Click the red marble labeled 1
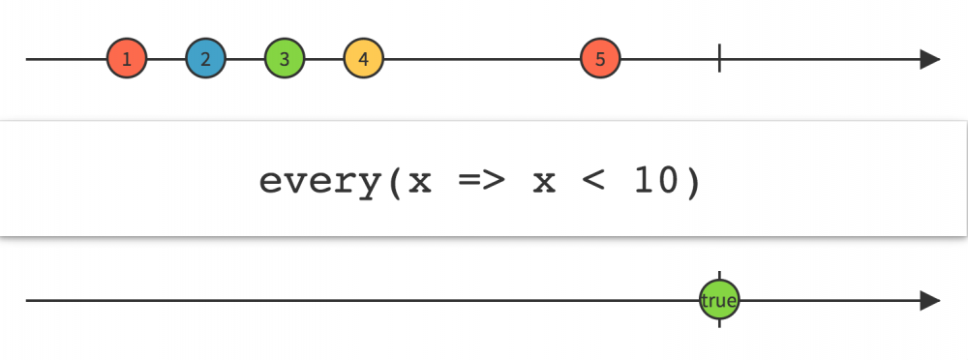pyautogui.click(x=127, y=59)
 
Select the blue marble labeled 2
pyautogui.click(x=205, y=59)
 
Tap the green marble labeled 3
pyautogui.click(x=285, y=59)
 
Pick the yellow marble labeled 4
pyautogui.click(x=363, y=59)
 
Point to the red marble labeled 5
pyautogui.click(x=600, y=59)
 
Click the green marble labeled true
pyautogui.click(x=719, y=300)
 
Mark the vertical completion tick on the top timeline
pyautogui.click(x=719, y=59)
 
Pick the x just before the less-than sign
pyautogui.click(x=544, y=183)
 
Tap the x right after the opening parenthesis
pyautogui.click(x=420, y=183)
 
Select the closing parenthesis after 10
pyautogui.click(x=692, y=181)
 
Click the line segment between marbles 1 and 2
pyautogui.click(x=166, y=59)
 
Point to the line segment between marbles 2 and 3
pyautogui.click(x=245, y=59)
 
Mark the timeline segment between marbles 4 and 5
pyautogui.click(x=481, y=59)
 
